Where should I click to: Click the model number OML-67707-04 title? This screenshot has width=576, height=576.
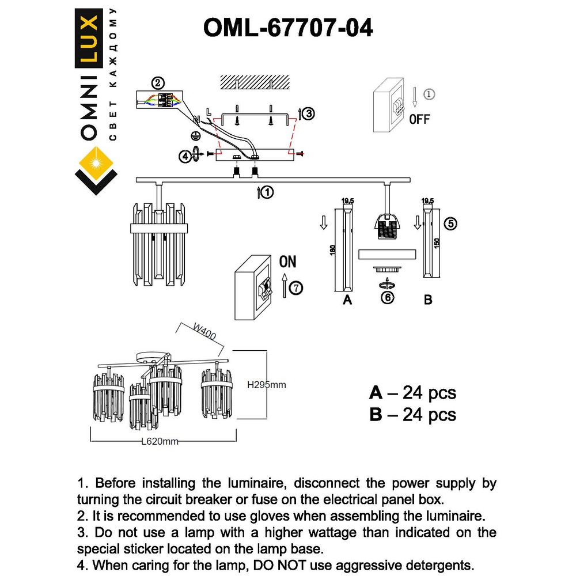point(288,27)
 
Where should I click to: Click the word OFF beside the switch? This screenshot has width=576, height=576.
point(419,120)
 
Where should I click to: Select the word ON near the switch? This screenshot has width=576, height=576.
point(287,262)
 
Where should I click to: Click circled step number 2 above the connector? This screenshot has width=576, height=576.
point(158,82)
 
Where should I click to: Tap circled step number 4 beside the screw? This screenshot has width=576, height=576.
point(185,156)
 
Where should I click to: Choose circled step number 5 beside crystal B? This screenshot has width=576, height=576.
point(451,224)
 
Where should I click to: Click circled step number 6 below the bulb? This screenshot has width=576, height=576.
point(388,298)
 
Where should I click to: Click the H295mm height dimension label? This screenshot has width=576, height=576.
point(266,385)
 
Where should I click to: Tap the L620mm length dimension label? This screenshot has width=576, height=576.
point(160,442)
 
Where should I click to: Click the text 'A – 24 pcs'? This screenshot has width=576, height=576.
point(412,393)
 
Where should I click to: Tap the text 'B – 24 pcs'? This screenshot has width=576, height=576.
point(412,414)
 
